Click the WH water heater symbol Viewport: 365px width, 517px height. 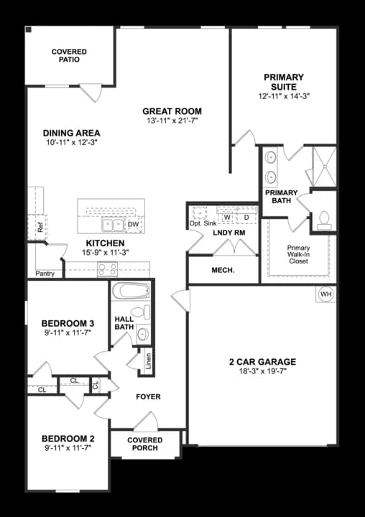326,294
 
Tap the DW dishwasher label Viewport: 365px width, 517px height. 133,225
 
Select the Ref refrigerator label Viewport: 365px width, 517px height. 40,229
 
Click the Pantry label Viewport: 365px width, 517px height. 45,274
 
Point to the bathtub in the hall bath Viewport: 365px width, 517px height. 129,292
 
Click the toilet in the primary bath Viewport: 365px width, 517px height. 323,218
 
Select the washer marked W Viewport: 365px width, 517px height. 226,217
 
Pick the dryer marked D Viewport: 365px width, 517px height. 246,217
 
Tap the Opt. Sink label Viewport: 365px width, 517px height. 202,224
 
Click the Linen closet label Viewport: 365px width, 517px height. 149,360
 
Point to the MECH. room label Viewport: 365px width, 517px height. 223,270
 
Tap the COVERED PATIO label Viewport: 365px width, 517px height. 70,55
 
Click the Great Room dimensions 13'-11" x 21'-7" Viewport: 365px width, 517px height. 172,121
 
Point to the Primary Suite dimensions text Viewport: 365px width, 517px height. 284,96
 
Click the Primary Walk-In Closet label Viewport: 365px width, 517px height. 298,255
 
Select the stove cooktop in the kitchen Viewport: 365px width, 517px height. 108,269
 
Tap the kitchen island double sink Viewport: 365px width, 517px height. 113,225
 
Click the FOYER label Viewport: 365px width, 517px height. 148,396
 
